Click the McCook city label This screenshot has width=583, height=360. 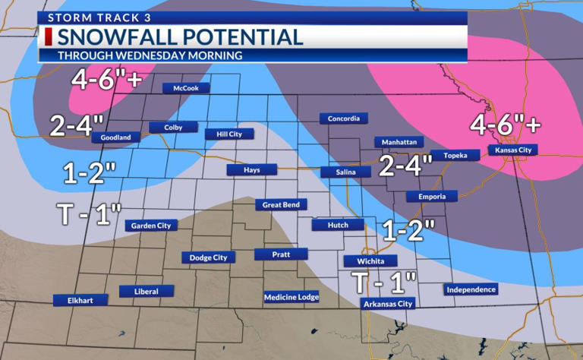(x=186, y=88)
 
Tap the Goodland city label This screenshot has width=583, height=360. (x=116, y=137)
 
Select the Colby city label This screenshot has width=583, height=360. (x=174, y=128)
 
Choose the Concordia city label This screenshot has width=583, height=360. (x=344, y=118)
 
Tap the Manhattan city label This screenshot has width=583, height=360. (x=399, y=142)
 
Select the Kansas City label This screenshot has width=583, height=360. (x=514, y=150)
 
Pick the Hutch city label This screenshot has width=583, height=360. (x=332, y=225)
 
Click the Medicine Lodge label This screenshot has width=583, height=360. (x=291, y=297)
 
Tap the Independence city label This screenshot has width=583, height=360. (x=471, y=289)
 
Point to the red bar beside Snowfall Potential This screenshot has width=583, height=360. (x=49, y=36)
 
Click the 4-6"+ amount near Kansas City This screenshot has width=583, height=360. (x=506, y=123)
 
